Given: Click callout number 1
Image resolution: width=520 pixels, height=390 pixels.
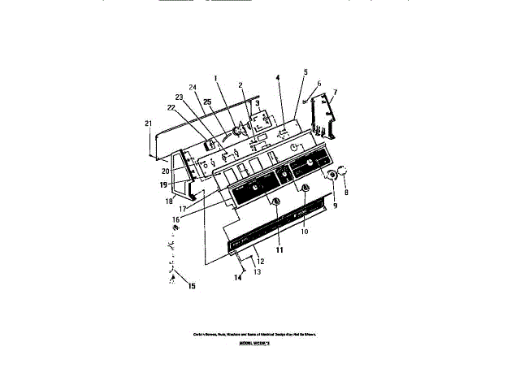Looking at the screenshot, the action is [217, 78].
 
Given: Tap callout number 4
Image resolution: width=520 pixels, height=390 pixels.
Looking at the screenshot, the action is [277, 78].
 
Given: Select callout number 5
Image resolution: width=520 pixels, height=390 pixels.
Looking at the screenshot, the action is [305, 72].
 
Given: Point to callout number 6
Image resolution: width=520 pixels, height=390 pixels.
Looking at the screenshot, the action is [319, 84].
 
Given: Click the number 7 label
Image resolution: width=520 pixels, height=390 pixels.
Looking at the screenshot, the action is [335, 93].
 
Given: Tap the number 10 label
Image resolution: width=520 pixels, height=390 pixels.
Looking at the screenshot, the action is [305, 232].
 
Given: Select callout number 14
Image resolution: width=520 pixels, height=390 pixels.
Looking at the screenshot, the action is [239, 278].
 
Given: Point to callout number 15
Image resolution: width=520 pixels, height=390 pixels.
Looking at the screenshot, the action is [193, 286].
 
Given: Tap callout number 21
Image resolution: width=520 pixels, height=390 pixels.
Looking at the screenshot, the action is [148, 123].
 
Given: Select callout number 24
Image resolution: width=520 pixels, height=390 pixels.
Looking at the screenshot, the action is [193, 87].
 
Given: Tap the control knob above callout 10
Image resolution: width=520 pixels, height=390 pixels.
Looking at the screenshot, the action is [305, 188].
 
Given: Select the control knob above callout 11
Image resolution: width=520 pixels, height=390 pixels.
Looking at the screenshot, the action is [276, 201].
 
